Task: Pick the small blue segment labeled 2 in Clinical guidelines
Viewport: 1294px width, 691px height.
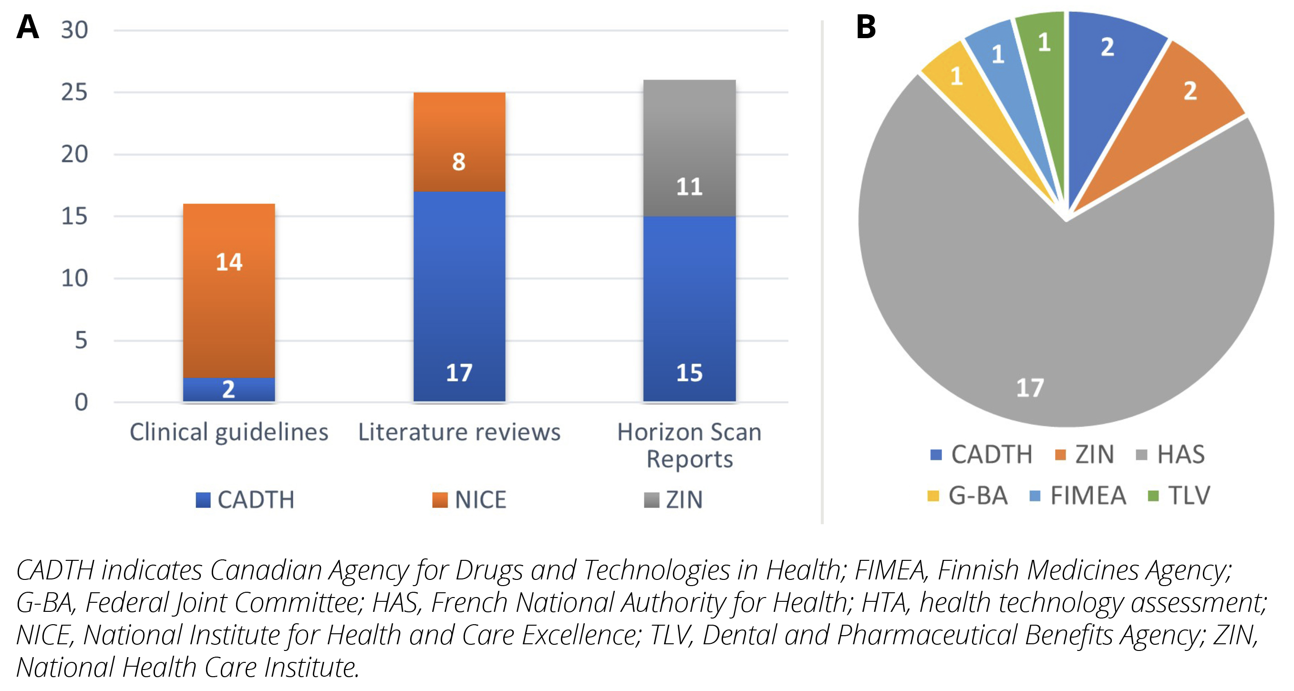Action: pos(228,389)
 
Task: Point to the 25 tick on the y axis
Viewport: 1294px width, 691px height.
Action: pos(74,93)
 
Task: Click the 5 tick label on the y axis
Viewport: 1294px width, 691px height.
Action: pos(81,340)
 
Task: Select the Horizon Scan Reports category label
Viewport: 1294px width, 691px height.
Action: pos(689,445)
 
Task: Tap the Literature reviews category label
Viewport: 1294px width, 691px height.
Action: pos(459,432)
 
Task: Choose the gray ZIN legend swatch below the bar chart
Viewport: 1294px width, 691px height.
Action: pos(652,500)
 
